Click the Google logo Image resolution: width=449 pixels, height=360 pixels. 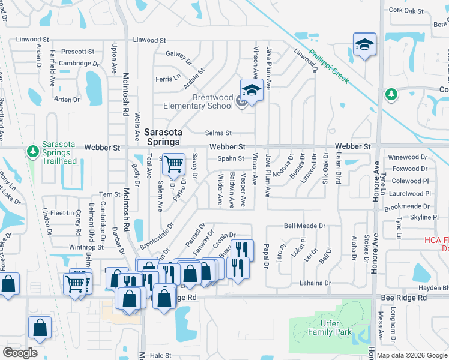[19, 352]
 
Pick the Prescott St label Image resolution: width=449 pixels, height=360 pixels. [77, 52]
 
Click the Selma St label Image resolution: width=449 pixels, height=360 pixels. [219, 133]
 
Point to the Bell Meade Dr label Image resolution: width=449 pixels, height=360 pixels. [304, 226]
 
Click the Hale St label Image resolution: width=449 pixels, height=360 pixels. [160, 355]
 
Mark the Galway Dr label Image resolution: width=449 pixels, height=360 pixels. [178, 58]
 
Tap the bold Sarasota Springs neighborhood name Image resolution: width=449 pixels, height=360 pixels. [161, 136]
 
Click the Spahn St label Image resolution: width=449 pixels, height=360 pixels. [231, 159]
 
